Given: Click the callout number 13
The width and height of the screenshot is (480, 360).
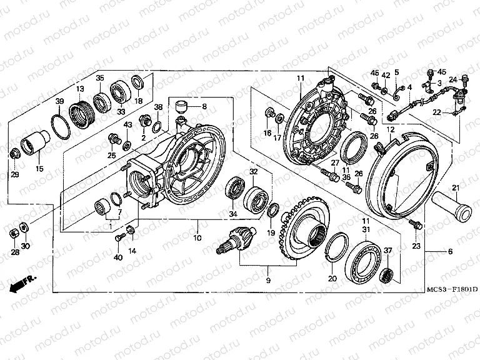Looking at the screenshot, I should click(x=80, y=89).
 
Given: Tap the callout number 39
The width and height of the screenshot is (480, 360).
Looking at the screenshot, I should click(x=60, y=101).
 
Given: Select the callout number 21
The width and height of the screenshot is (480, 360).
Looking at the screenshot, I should click(x=456, y=188).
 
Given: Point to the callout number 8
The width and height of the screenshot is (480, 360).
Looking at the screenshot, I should click(x=203, y=107).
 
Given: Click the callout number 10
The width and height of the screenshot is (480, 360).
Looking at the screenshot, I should click(x=197, y=238).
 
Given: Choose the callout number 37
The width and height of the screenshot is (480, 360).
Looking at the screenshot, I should click(x=388, y=251).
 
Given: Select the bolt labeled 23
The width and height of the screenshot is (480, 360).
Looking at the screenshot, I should click(x=412, y=223).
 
